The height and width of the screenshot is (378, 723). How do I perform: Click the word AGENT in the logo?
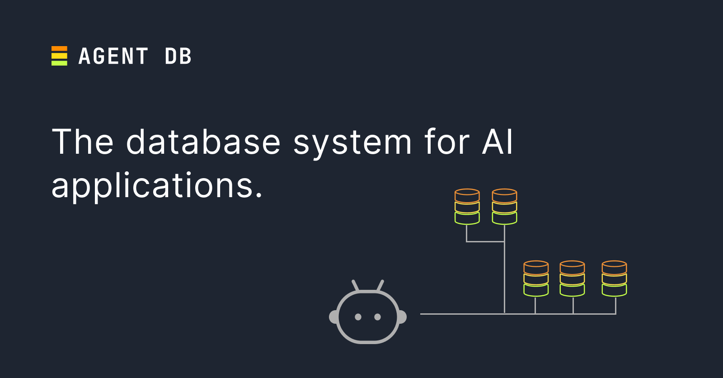pyautogui.click(x=113, y=57)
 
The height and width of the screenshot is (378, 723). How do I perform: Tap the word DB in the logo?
pyautogui.click(x=178, y=57)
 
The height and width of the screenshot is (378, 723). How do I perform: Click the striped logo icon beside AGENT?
pyautogui.click(x=59, y=56)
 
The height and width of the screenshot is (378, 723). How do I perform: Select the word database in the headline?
pyautogui.click(x=203, y=142)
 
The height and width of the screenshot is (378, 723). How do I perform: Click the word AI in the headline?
pyautogui.click(x=498, y=142)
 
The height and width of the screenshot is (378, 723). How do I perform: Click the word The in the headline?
pyautogui.click(x=82, y=142)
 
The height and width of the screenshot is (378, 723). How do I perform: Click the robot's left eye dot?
pyautogui.click(x=358, y=317)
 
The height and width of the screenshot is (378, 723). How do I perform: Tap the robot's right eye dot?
pyautogui.click(x=378, y=317)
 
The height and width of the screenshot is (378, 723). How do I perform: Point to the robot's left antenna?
pyautogui.click(x=355, y=285)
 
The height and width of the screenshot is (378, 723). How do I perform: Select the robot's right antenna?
pyautogui.click(x=380, y=285)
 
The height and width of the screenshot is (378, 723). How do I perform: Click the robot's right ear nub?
pyautogui.click(x=402, y=317)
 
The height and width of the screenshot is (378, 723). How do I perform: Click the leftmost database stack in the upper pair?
pyautogui.click(x=467, y=207)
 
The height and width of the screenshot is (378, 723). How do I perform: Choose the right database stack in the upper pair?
pyautogui.click(x=504, y=207)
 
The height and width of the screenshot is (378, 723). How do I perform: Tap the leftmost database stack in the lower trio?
pyautogui.click(x=536, y=279)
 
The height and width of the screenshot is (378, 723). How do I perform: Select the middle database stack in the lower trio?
pyautogui.click(x=572, y=279)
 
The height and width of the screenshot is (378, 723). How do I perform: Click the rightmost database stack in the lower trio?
pyautogui.click(x=614, y=279)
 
